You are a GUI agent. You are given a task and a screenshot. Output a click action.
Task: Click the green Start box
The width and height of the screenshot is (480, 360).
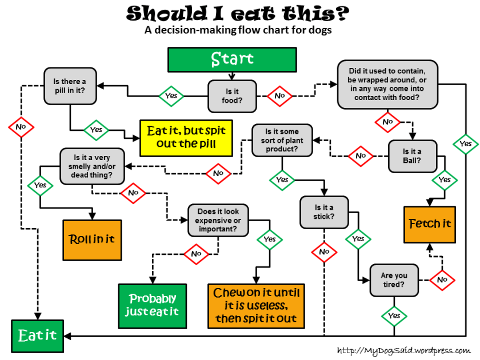232,59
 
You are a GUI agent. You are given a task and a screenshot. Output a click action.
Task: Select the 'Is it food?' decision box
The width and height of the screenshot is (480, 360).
231,95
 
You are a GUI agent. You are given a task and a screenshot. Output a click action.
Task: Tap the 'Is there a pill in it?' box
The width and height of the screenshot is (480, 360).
70,86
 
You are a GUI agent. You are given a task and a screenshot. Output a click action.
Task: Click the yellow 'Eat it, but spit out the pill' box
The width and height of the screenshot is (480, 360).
186,138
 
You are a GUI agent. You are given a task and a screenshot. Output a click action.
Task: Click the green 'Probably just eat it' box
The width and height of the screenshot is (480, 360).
153,306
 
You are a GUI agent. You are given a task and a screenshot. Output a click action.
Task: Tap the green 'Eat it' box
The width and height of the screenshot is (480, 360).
38,335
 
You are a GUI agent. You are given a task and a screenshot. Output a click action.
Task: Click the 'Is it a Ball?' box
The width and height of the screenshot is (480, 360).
412,156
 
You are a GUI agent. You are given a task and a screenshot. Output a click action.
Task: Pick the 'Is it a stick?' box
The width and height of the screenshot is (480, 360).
325,212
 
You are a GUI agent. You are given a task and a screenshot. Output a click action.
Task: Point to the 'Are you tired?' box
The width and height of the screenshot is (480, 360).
394,280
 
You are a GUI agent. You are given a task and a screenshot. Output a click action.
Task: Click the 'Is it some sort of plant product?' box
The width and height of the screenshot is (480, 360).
282,140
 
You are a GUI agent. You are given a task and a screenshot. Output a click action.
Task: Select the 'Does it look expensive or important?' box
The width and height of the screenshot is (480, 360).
219,221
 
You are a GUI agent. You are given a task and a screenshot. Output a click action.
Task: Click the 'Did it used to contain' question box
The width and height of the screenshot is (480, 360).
387,85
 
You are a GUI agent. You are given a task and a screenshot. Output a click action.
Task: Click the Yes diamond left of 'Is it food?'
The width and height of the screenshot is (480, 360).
171,96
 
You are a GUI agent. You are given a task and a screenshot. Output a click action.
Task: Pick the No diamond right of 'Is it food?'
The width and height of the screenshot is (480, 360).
279,96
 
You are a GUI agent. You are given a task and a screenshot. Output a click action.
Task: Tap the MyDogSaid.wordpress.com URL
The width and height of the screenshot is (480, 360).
404,350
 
